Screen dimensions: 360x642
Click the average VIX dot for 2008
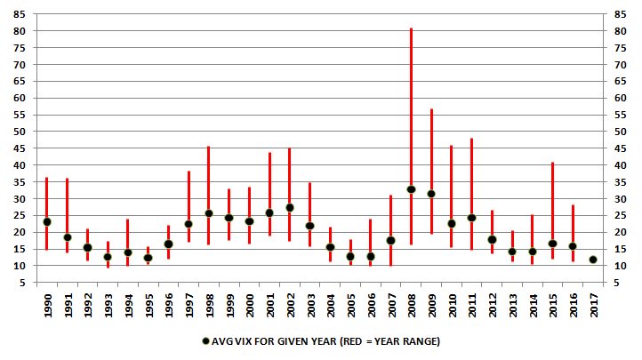click(x=411, y=189)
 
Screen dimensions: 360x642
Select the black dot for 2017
click(x=593, y=260)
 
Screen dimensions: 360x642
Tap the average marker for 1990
click(x=46, y=221)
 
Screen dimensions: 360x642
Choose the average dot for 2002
click(x=290, y=208)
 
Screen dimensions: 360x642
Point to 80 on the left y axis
click(x=19, y=31)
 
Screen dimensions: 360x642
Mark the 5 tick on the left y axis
click(x=21, y=282)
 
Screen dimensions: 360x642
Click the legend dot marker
click(x=206, y=340)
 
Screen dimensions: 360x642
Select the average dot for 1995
click(x=148, y=258)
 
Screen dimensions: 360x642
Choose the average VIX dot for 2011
click(x=471, y=218)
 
